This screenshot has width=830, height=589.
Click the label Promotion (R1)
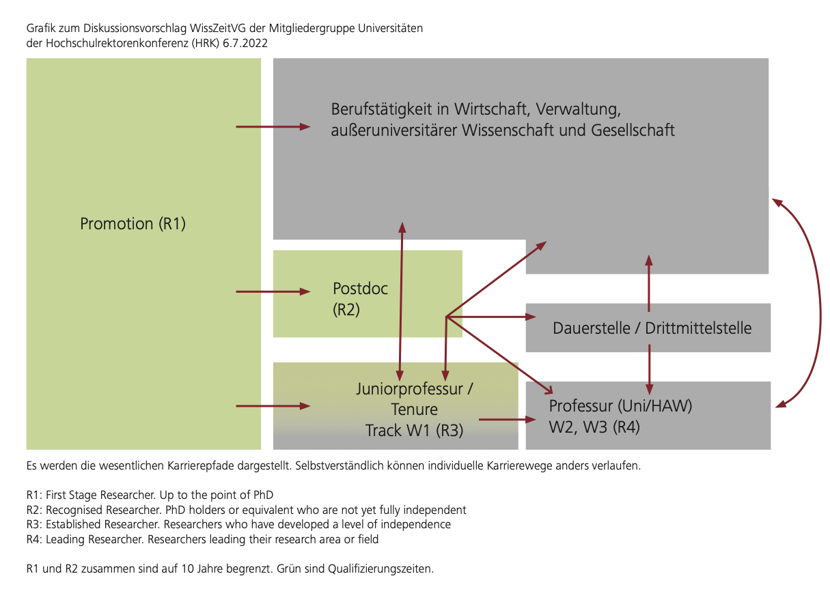pos(133,224)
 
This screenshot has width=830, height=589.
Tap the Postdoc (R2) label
pos(360,298)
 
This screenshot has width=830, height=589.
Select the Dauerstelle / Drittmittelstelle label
pos(652,328)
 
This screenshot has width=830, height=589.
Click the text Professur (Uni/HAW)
pos(620,407)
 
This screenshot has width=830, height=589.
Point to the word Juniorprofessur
pos(414,390)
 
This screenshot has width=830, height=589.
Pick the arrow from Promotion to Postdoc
pos(272,291)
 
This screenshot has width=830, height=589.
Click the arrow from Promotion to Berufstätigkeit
pos(272,127)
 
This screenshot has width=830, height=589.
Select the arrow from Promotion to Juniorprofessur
pos(272,406)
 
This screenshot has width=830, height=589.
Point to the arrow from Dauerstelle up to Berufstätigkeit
pos(649,283)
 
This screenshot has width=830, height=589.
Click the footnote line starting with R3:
pos(238,524)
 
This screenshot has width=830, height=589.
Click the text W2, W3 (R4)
pos(594,428)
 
